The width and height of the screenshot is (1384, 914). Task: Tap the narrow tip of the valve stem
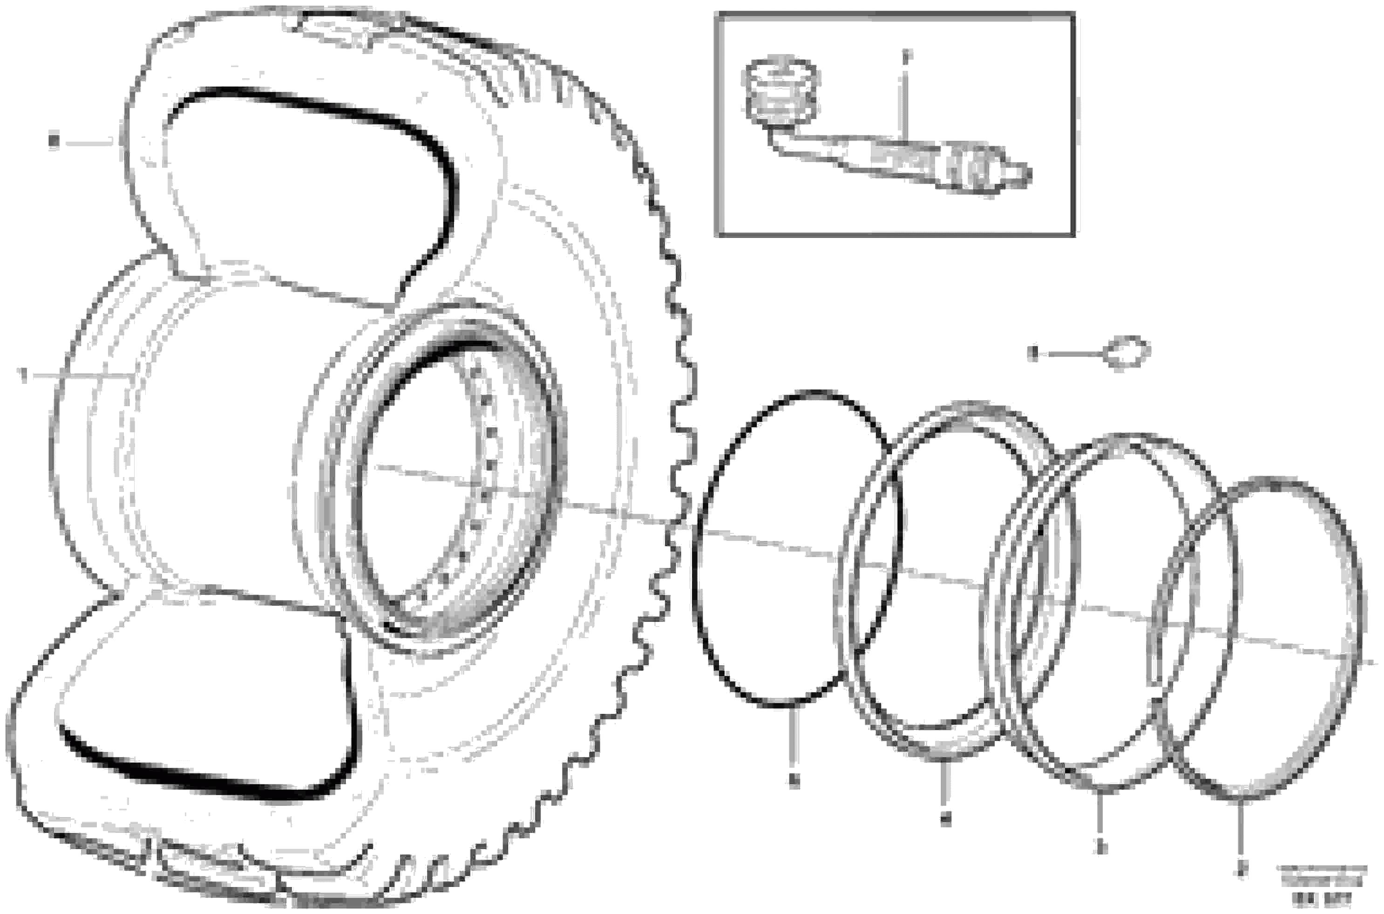click(x=1020, y=174)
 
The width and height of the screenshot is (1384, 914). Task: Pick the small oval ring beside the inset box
click(x=1127, y=352)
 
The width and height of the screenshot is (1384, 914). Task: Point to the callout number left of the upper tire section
click(x=54, y=142)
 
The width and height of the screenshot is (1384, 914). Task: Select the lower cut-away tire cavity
click(x=204, y=694)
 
